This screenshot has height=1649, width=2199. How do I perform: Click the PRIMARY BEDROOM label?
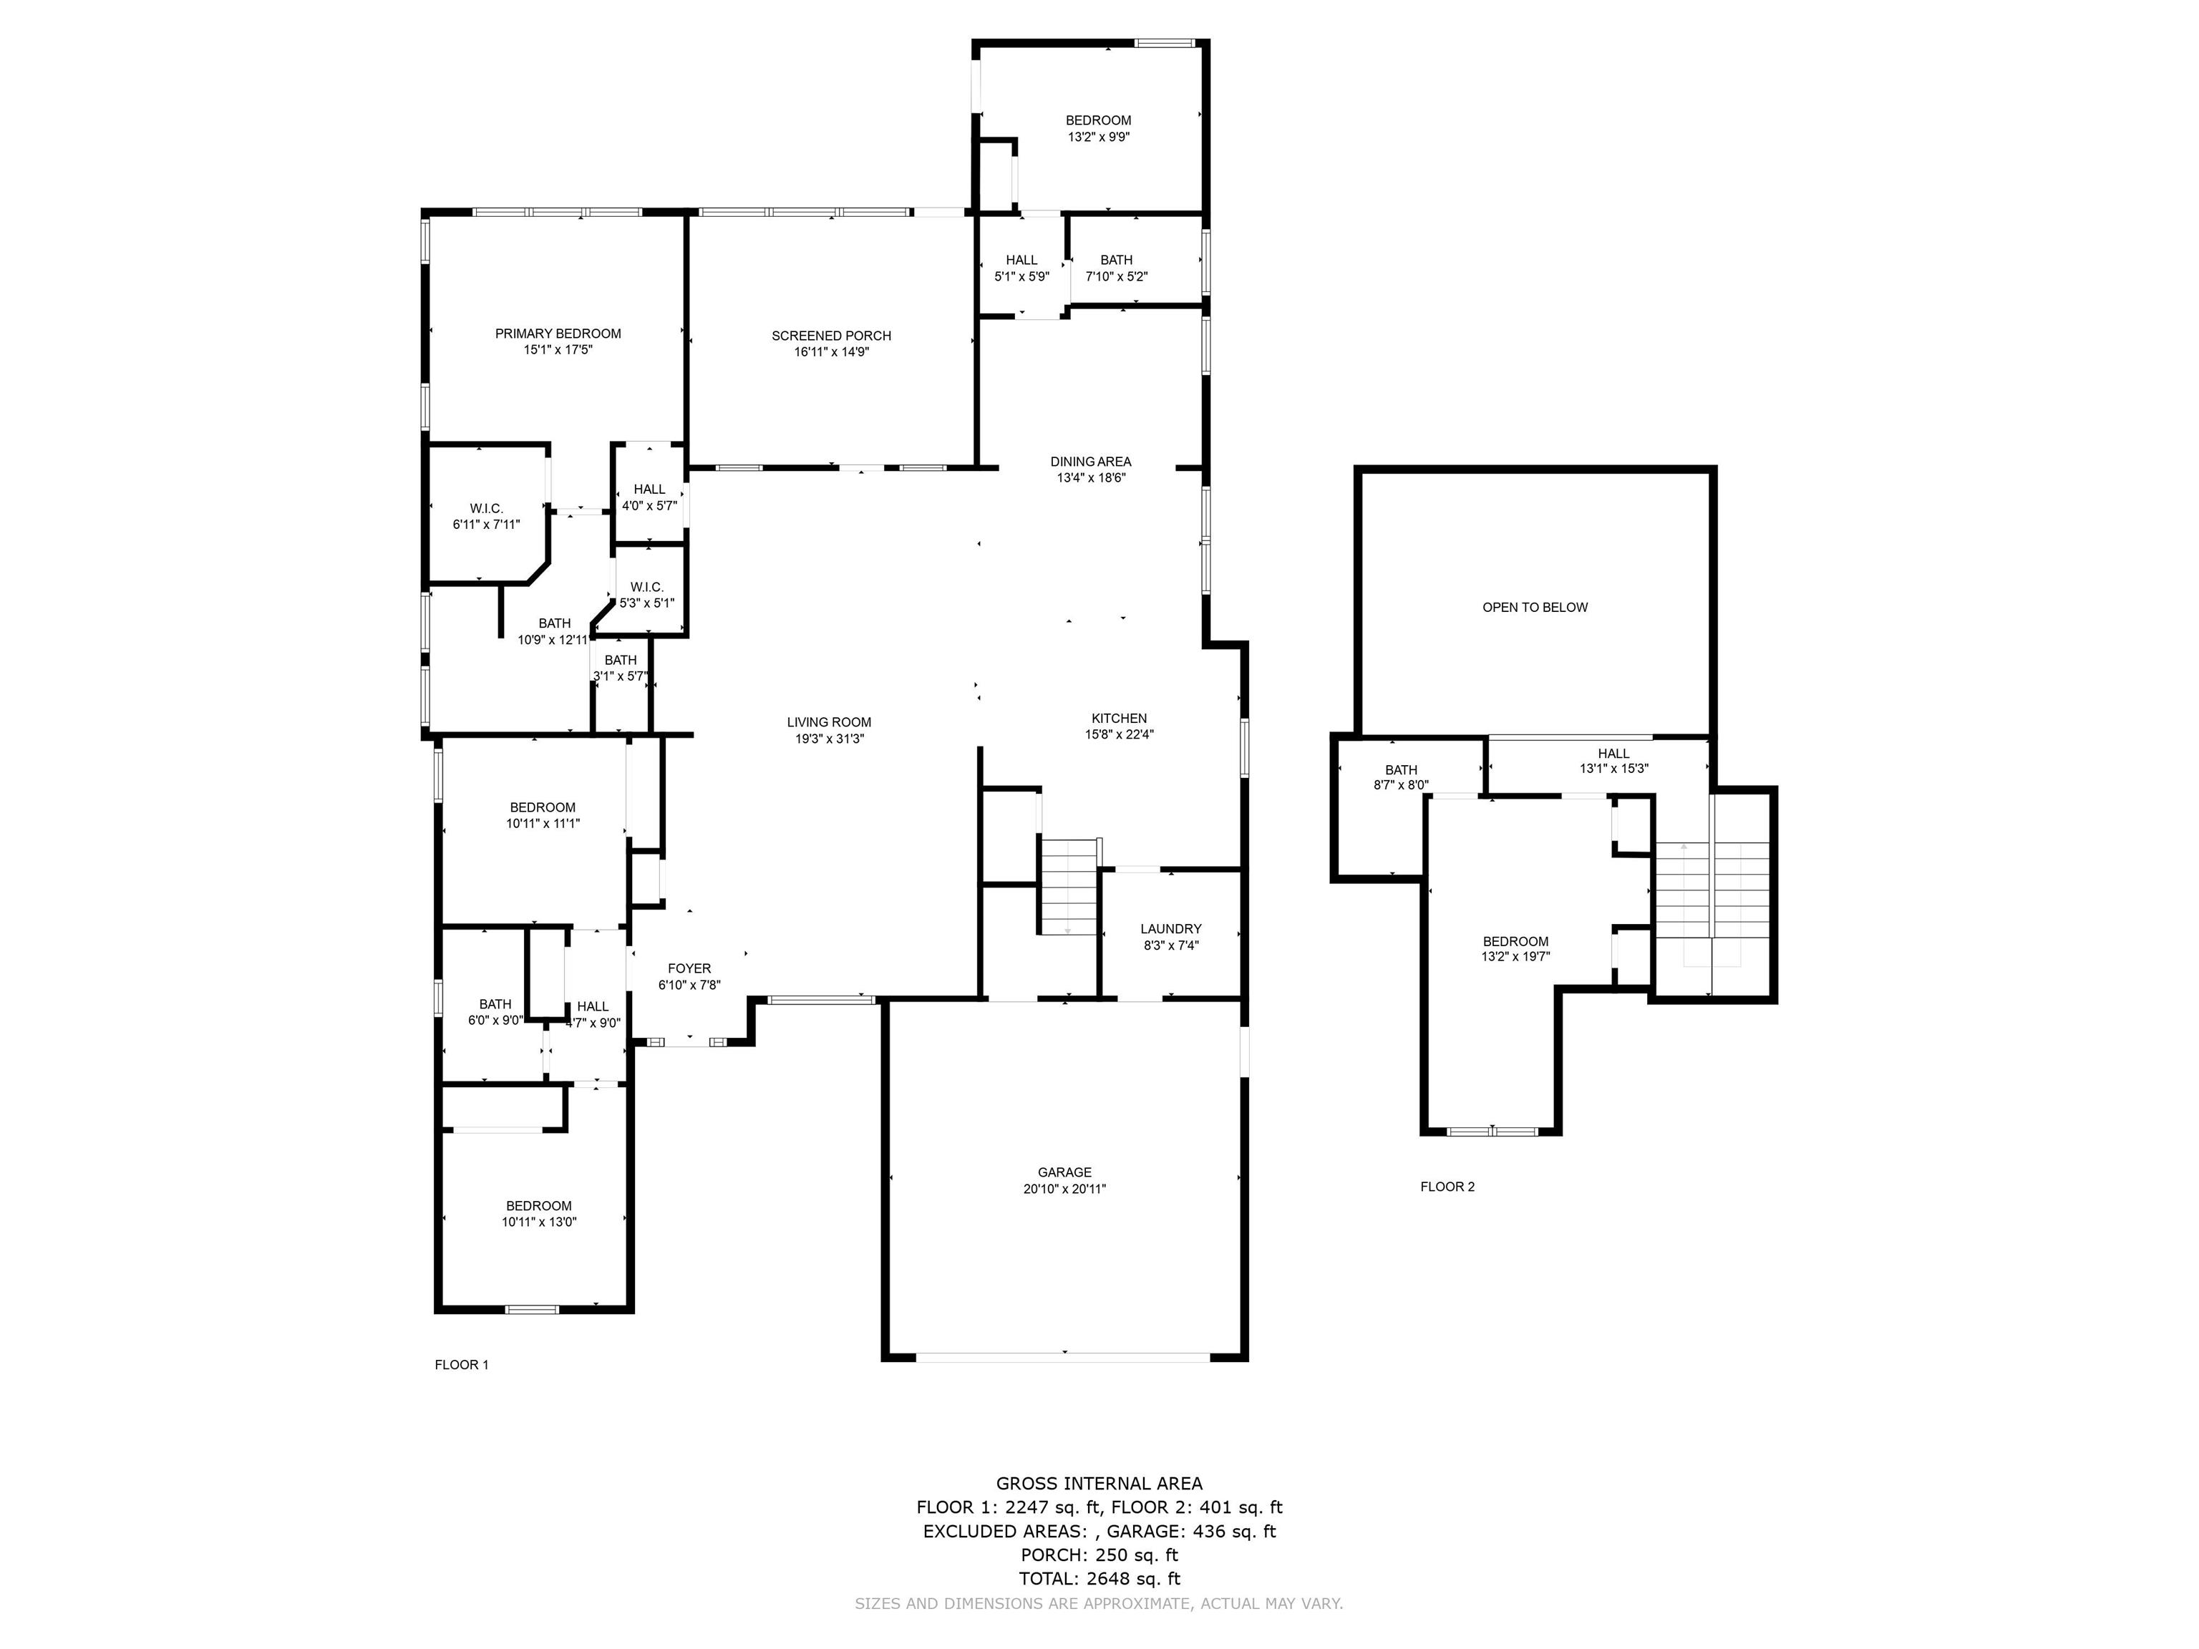pos(558,334)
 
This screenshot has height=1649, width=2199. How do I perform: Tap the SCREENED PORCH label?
pos(831,336)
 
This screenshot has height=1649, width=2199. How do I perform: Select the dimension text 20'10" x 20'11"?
pos(1064,1189)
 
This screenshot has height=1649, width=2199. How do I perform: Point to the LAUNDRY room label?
pos(1171,930)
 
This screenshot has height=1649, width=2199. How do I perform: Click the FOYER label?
pos(689,968)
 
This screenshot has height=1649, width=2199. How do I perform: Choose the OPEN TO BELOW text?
pos(1535,608)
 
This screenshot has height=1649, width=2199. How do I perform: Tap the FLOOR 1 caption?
pos(461,1365)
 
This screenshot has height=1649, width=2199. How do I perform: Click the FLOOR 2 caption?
pos(1447,1187)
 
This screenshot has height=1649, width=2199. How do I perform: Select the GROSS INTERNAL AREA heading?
pos(1099,1484)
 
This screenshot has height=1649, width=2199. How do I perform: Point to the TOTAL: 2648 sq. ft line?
pos(1099,1578)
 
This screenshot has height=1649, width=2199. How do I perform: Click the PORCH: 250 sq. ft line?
pos(1099,1555)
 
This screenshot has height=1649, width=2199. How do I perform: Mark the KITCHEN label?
pos(1120,719)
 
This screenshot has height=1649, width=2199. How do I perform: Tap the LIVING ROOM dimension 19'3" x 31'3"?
pos(829,739)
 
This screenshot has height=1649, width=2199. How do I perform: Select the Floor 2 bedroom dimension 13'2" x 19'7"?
pos(1515,957)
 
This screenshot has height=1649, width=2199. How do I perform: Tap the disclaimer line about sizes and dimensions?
pos(1099,1603)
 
